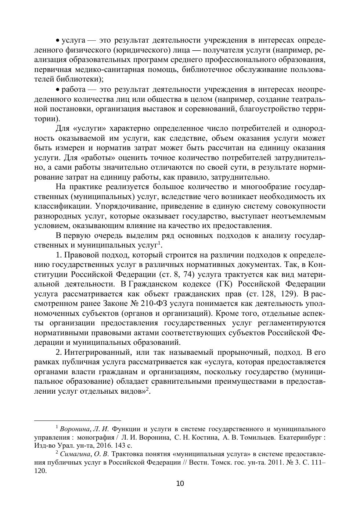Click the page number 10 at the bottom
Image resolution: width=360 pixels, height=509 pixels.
pos(180,483)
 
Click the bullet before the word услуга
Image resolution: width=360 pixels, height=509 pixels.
pos(57,40)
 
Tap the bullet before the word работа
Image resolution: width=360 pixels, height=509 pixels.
pos(57,90)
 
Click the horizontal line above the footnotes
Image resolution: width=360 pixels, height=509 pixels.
pos(78,420)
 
